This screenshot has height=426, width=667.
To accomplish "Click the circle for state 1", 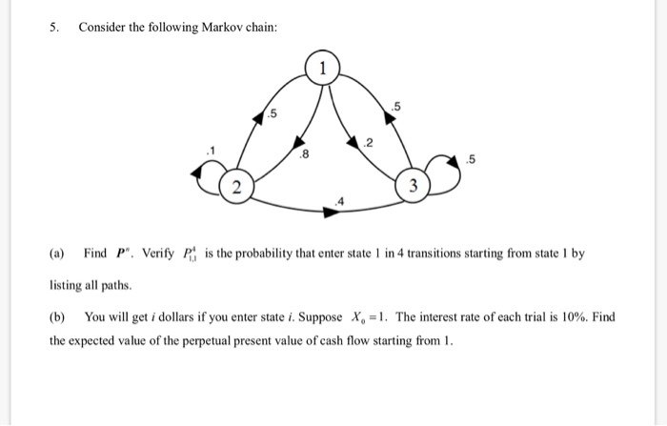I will tap(323, 69).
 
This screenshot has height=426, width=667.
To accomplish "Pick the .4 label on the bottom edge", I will tap(340, 200).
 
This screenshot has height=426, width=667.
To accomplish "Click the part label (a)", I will tap(57, 254).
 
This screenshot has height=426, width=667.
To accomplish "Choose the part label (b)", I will tap(57, 316).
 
